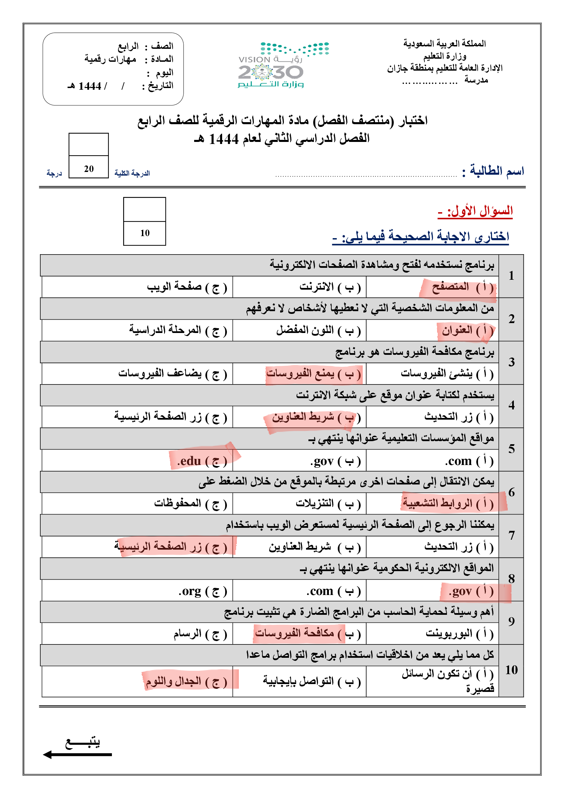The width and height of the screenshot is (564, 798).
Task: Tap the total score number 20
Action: pos(89,169)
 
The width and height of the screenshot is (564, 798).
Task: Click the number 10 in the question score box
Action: pos(145,233)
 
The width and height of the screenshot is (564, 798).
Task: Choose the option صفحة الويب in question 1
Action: pos(186,287)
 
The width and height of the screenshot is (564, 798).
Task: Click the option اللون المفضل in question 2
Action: pos(318,330)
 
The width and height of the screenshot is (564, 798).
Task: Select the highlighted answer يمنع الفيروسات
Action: pos(314,374)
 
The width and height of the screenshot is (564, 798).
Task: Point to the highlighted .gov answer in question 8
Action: pos(471,591)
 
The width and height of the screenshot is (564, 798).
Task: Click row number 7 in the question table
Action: pos(511,536)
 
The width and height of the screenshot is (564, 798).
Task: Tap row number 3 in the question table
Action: pos(511,362)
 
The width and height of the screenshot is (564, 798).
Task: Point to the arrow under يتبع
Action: pos(77,755)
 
